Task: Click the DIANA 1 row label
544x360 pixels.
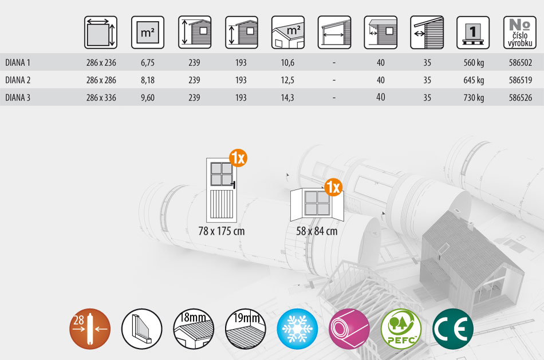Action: point(18,62)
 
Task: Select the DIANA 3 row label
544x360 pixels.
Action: point(18,97)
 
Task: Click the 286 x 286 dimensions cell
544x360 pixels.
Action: point(101,80)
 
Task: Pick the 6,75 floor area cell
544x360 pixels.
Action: point(147,63)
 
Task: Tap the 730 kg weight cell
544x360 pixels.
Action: point(474,98)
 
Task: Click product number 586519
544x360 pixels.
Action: point(521,80)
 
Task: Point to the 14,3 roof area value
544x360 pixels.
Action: point(287,98)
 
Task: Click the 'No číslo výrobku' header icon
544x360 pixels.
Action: point(520,32)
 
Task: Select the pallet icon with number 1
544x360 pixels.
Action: point(473,32)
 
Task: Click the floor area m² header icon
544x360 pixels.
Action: point(147,32)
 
